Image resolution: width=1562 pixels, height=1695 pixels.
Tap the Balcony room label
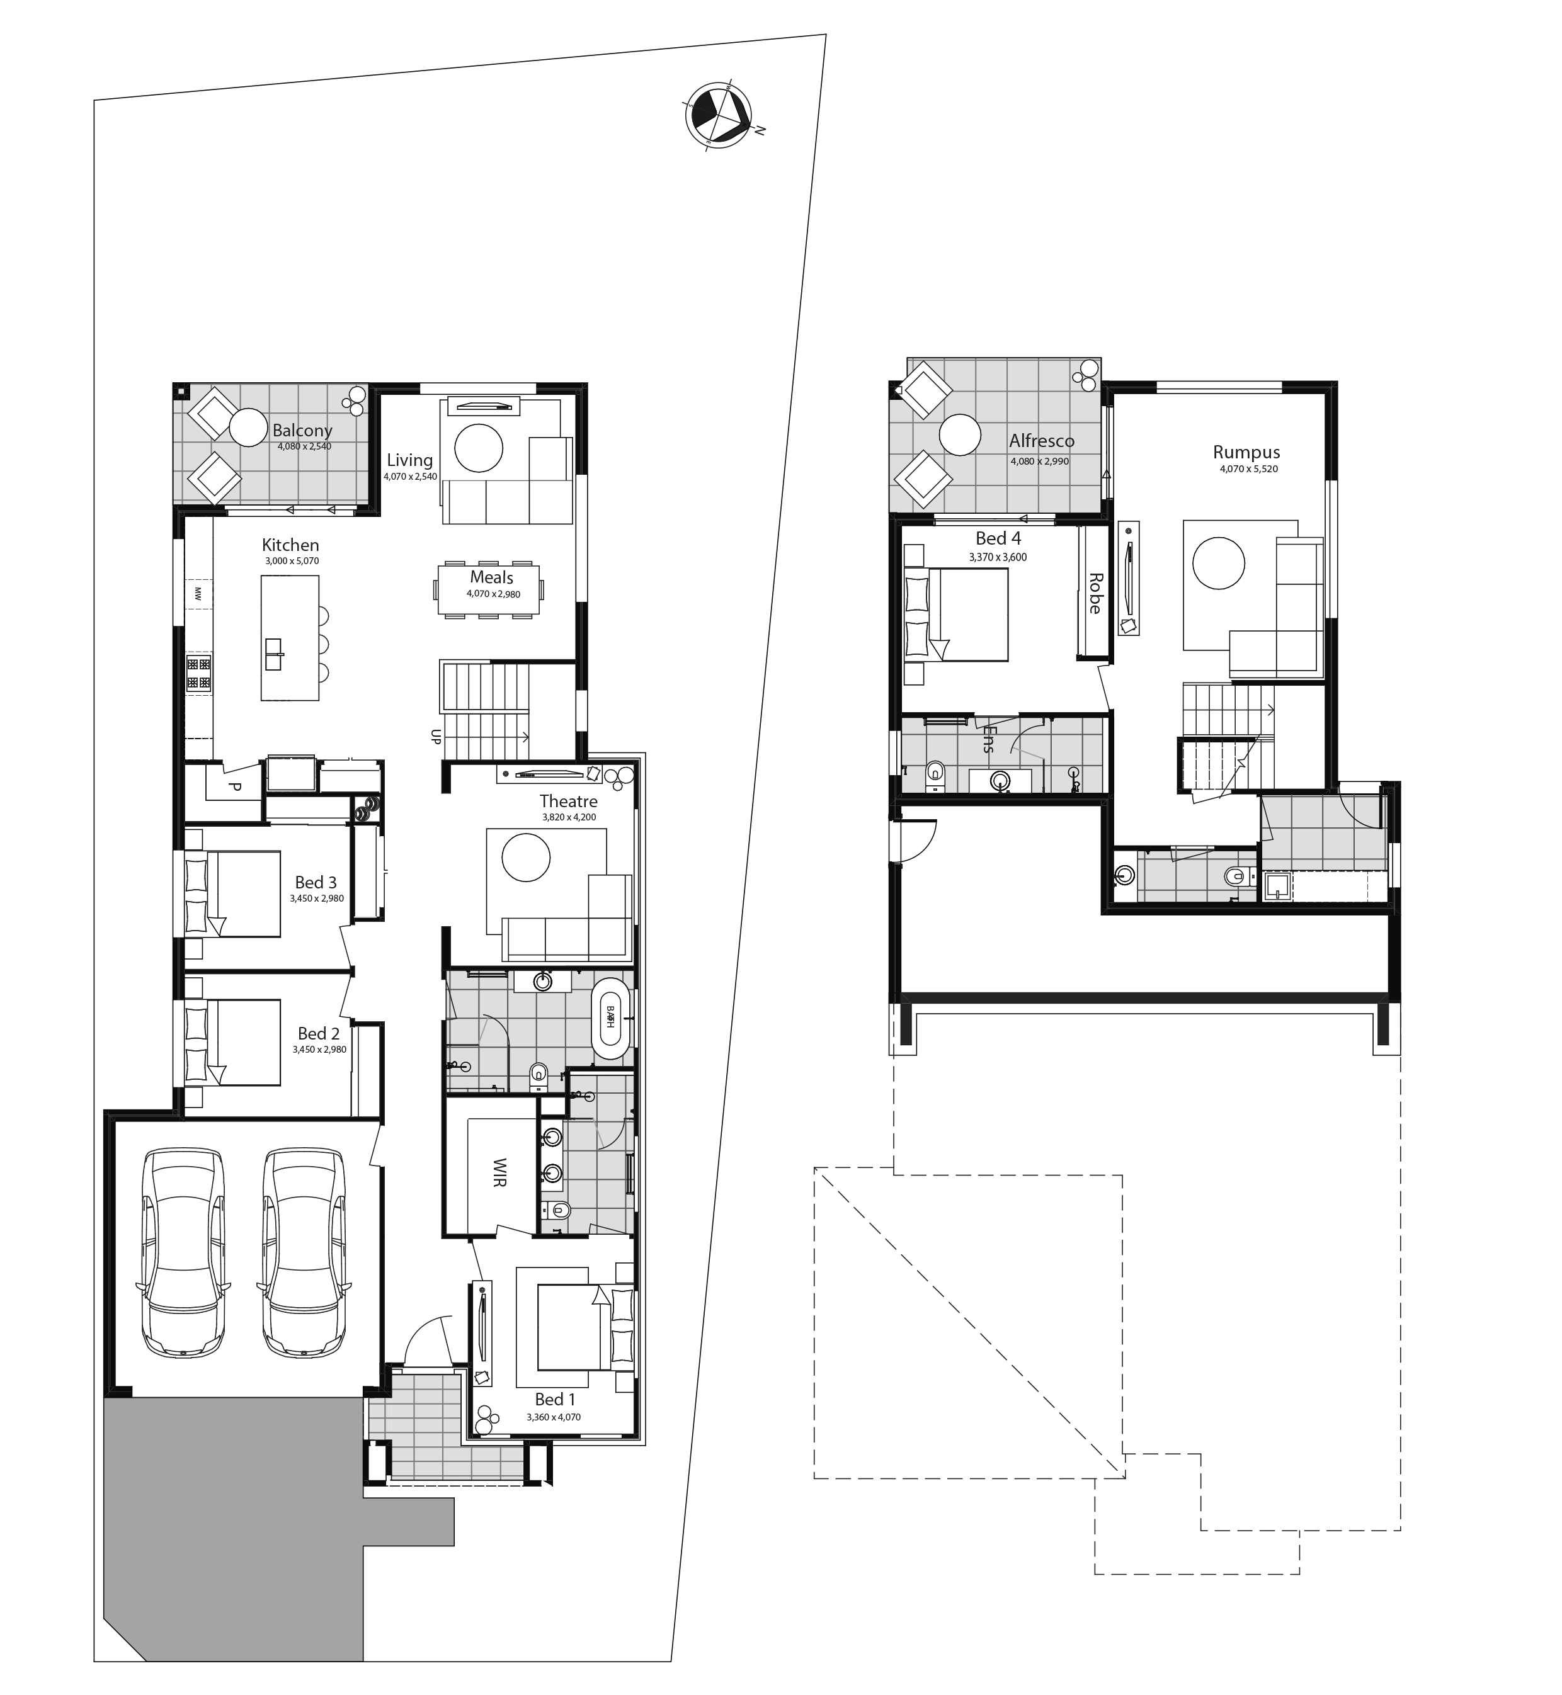[302, 431]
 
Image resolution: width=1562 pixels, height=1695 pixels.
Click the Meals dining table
[490, 589]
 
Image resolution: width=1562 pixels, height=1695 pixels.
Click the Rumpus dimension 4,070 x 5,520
[1248, 469]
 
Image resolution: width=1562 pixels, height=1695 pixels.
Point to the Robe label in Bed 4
[1095, 593]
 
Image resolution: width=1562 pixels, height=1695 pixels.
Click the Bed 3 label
[316, 882]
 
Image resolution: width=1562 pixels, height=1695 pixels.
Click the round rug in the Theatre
[526, 858]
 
